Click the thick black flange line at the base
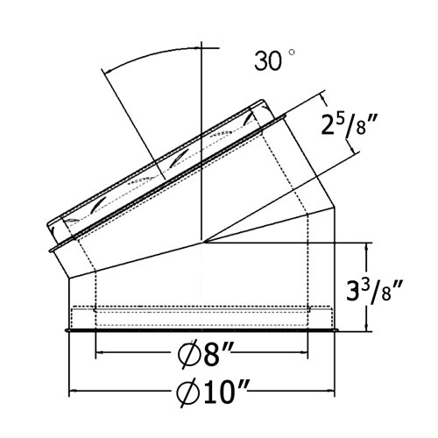pyautogui.click(x=201, y=331)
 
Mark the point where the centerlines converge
pyautogui.click(x=201, y=242)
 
